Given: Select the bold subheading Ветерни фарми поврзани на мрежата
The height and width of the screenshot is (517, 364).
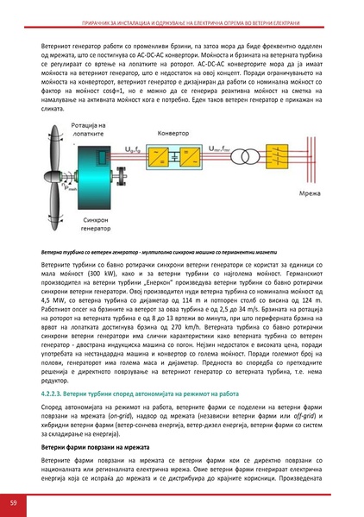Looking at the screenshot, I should coord(96,449).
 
